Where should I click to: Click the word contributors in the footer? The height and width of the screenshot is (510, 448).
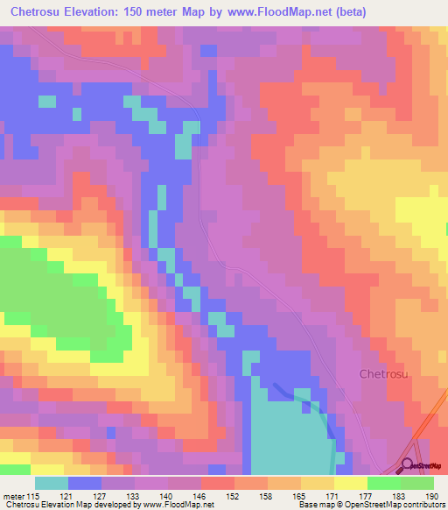coord(421,505)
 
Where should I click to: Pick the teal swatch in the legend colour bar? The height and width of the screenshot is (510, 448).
coord(52,483)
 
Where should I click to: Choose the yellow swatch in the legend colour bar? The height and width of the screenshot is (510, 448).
coord(350,483)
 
